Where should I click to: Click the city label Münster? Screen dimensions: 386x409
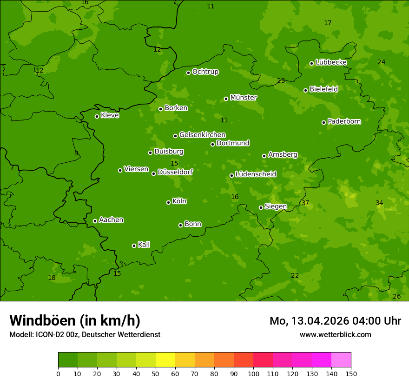[x=244, y=98]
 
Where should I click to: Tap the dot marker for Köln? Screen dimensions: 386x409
[x=168, y=202]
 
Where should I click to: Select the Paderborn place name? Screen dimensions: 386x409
[x=344, y=121]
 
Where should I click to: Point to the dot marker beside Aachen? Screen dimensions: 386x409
[x=95, y=221]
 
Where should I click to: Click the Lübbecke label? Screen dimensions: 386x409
[x=331, y=62]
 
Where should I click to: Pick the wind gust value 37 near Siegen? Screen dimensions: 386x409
[x=305, y=203]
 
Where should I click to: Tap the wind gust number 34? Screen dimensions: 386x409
[x=379, y=203]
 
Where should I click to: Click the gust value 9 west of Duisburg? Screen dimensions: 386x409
[x=76, y=153]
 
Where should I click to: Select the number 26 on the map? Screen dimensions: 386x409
[x=396, y=296]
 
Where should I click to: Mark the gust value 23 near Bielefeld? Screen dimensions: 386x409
[x=281, y=80]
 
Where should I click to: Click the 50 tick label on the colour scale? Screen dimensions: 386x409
[x=156, y=373]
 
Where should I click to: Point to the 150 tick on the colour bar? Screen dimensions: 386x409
[x=350, y=373]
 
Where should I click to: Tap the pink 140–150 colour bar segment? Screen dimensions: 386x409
[x=341, y=360]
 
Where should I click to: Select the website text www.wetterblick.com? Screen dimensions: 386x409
[x=335, y=334]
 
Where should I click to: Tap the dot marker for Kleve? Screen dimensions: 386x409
[x=97, y=116]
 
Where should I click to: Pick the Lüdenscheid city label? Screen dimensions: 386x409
[x=256, y=174]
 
